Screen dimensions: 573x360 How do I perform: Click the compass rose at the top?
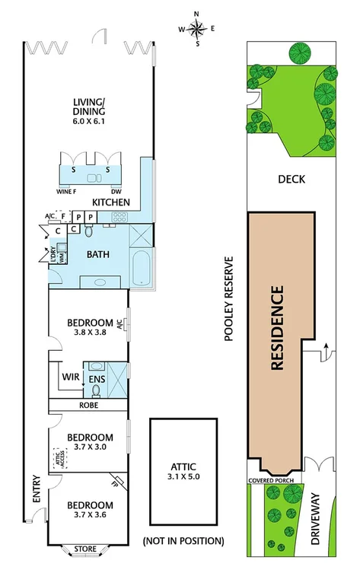(x=197, y=29)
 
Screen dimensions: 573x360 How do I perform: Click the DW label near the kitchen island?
(x=116, y=192)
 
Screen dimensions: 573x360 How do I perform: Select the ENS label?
(x=97, y=378)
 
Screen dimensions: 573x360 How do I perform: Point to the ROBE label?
(x=90, y=406)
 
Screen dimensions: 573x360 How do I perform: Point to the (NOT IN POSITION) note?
(x=183, y=541)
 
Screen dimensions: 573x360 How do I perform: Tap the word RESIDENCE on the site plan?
(x=277, y=327)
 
